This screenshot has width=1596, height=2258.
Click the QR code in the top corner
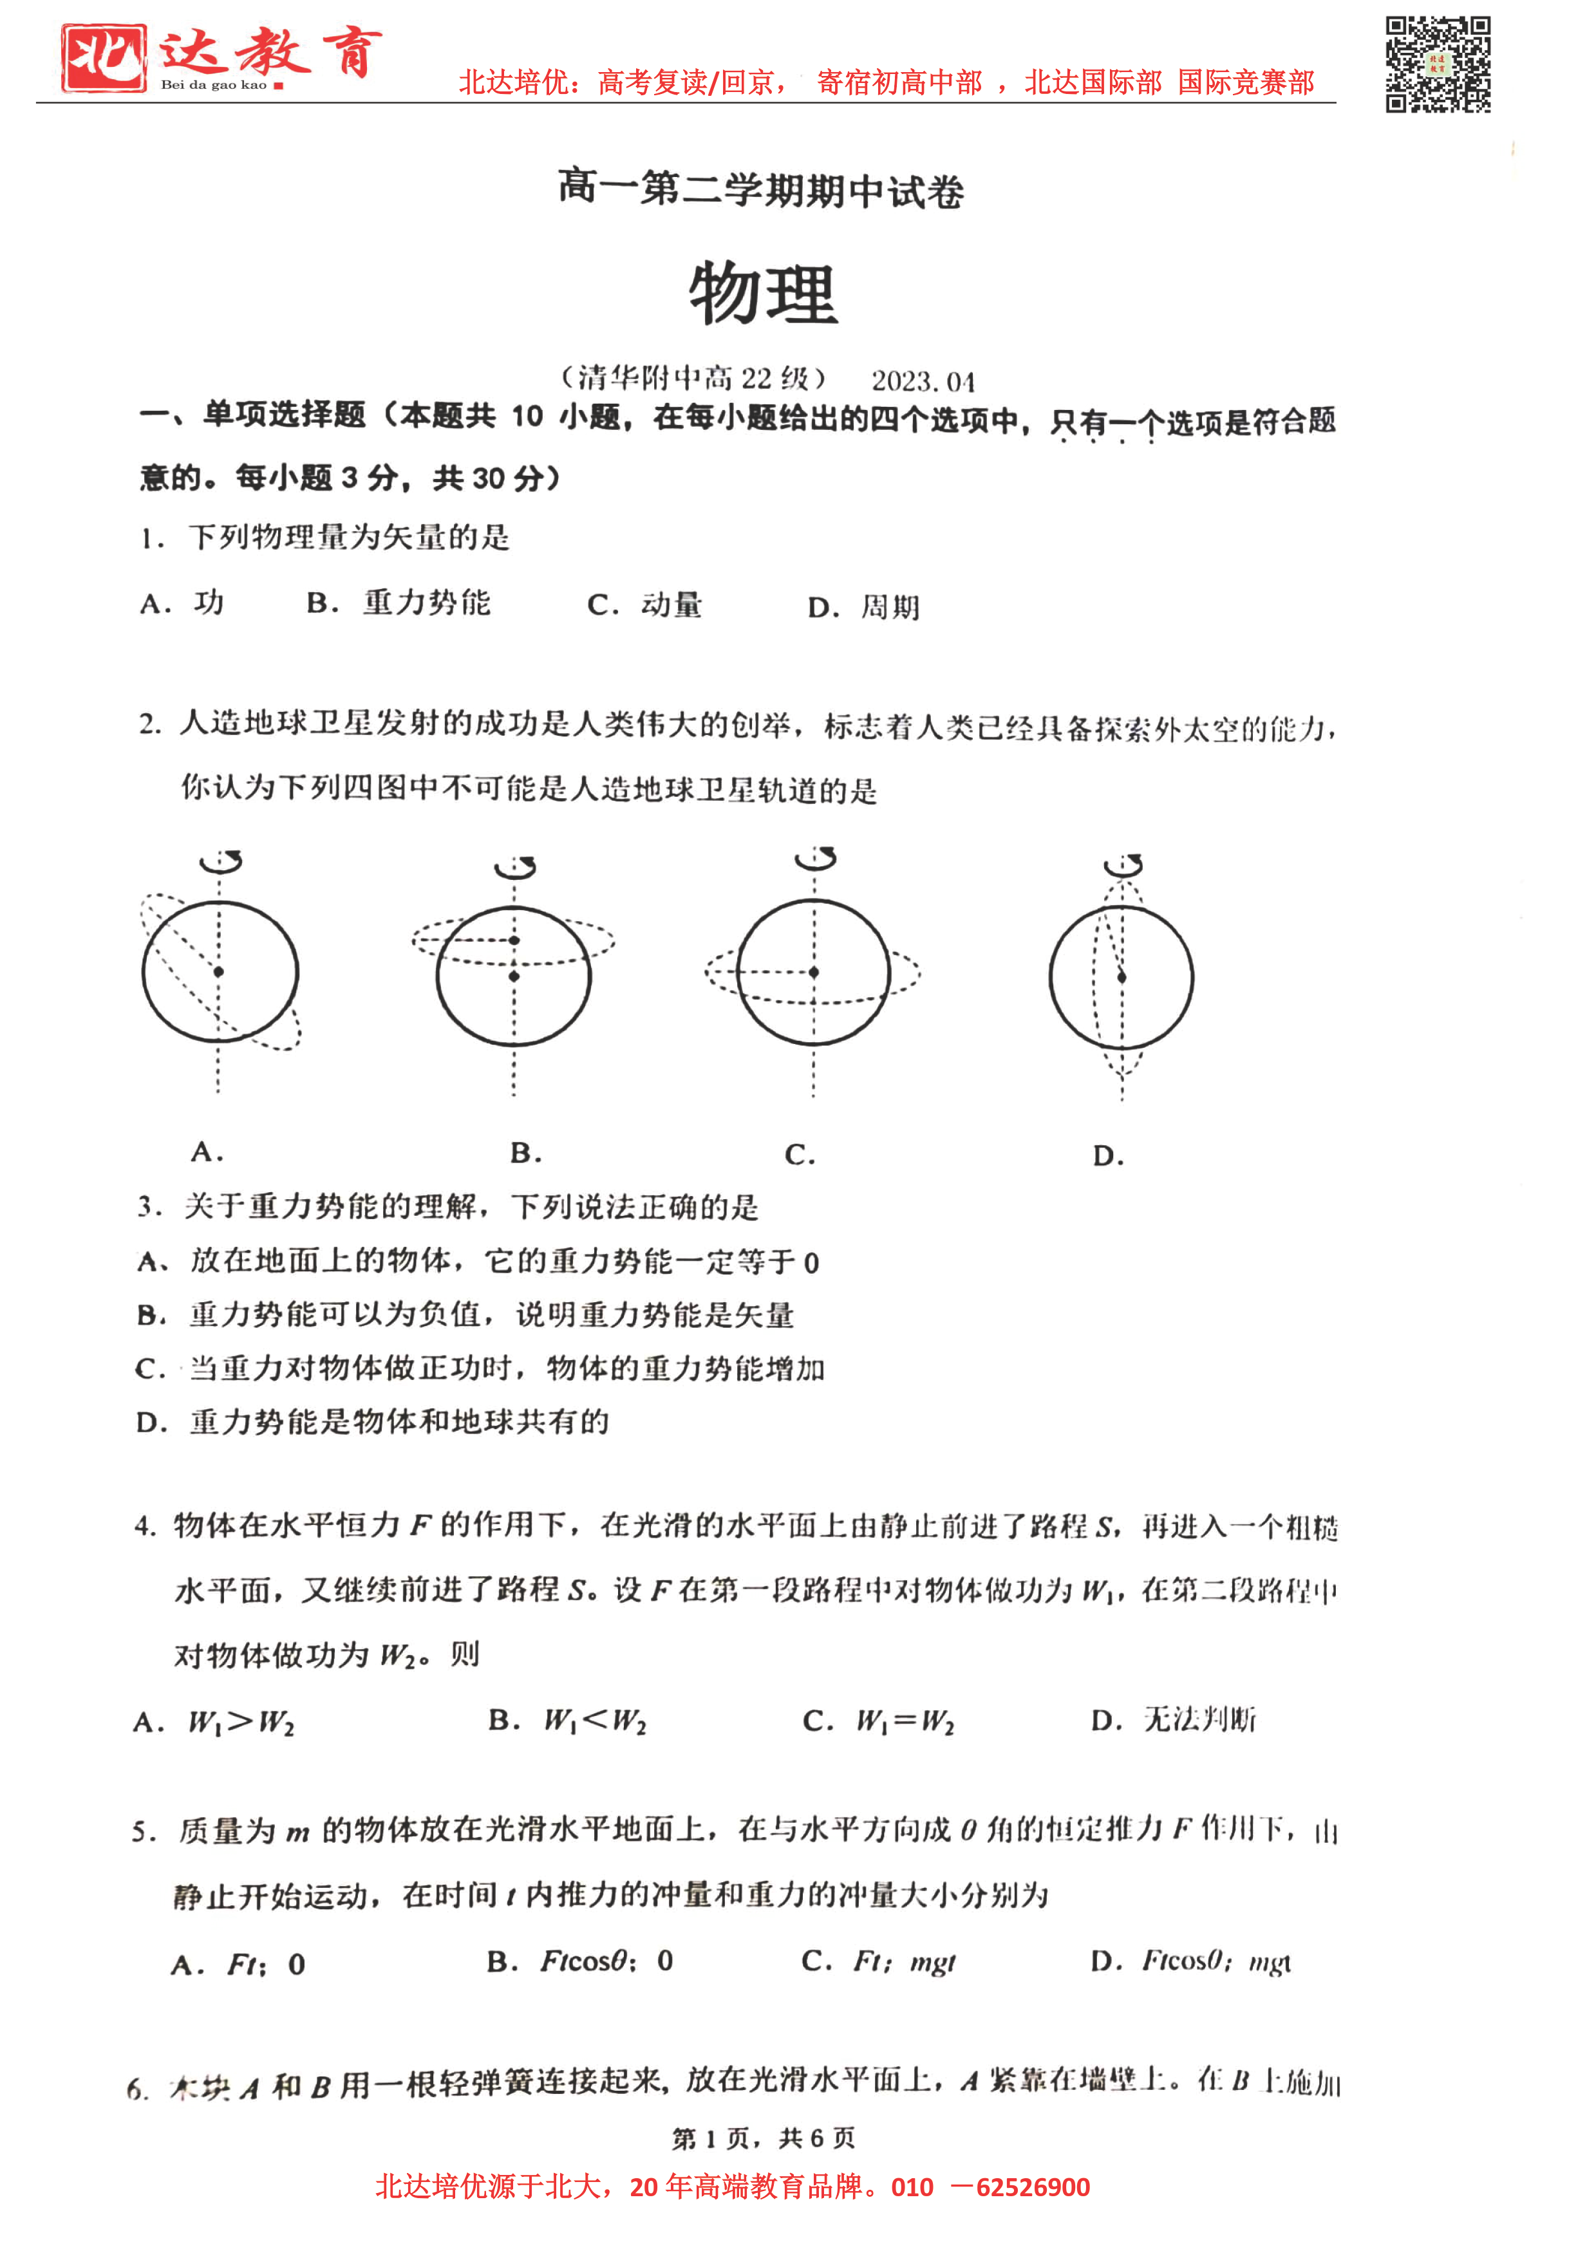[x=1437, y=65]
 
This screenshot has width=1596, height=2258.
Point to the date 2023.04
[x=923, y=380]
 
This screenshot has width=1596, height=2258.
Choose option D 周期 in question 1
[x=863, y=607]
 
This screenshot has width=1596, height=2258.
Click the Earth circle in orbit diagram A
[x=220, y=972]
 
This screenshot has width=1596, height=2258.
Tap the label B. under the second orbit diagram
[x=526, y=1153]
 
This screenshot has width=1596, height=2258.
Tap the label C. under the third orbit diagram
[x=800, y=1155]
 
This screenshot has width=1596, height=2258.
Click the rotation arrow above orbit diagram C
[x=815, y=859]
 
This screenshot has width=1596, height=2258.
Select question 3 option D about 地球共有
[x=373, y=1422]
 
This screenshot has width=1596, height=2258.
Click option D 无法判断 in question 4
[x=1173, y=1720]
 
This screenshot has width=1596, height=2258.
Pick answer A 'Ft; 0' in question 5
[x=239, y=1964]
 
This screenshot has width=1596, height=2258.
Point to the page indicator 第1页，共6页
[x=763, y=2138]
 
